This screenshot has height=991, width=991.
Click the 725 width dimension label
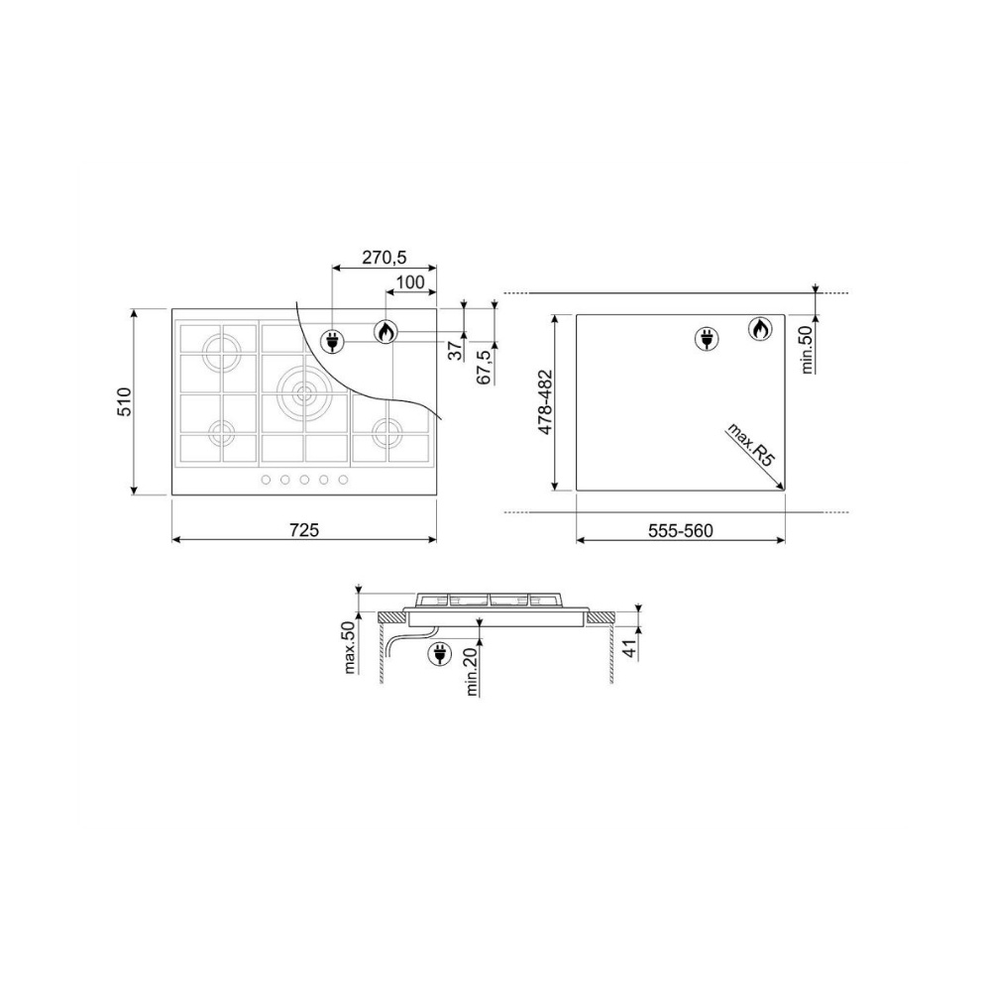(304, 529)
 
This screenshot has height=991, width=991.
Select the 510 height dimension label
(124, 401)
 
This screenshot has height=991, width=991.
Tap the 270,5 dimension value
(385, 258)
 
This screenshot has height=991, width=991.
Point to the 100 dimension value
(411, 281)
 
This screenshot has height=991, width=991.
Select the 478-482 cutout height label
(545, 402)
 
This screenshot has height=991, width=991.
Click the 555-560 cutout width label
(681, 531)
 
